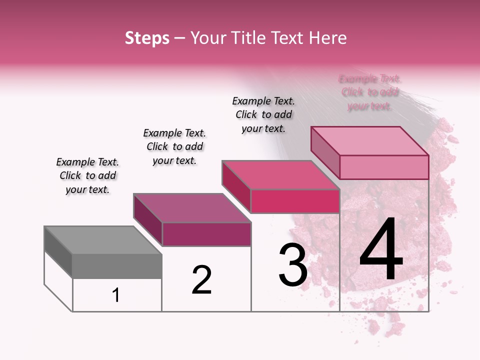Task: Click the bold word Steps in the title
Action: pos(147,38)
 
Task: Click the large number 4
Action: pos(381,249)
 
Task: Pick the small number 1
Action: pos(116,295)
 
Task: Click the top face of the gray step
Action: pos(103,240)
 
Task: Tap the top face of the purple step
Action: pos(192,208)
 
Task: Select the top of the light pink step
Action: pos(370,140)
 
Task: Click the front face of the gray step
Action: pos(117,266)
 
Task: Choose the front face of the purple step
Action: pos(206,234)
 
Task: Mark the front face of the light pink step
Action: pos(384,167)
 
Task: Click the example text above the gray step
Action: pos(87,175)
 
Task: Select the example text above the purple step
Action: pos(174,146)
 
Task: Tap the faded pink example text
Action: pos(369,92)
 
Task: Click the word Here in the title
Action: pos(328,38)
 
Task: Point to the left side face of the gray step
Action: pos(58,252)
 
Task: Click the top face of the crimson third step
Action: pos(280,175)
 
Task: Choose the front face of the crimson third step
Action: pos(295,201)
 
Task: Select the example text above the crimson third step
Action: pos(263,114)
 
